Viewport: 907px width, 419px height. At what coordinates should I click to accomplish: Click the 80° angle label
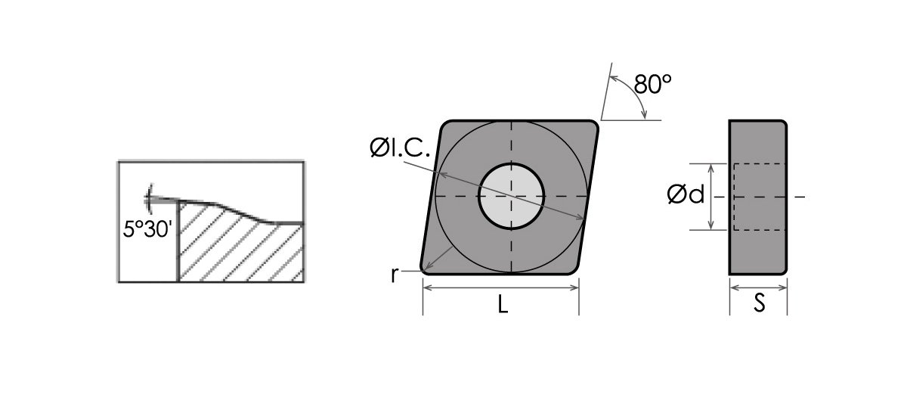(652, 84)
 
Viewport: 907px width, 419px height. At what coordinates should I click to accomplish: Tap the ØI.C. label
(400, 147)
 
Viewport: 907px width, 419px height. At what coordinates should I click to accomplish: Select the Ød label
(686, 194)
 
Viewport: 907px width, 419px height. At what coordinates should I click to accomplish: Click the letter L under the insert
(503, 304)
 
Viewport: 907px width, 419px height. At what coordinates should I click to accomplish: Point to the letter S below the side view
(759, 303)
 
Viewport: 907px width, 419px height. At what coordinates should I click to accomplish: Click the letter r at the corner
(395, 275)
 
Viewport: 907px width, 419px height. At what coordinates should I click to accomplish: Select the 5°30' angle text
(147, 229)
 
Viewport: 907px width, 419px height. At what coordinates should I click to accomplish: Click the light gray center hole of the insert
(512, 197)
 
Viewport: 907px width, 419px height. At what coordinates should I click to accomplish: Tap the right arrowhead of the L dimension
(575, 287)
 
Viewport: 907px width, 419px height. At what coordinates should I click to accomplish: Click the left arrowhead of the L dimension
(427, 287)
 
